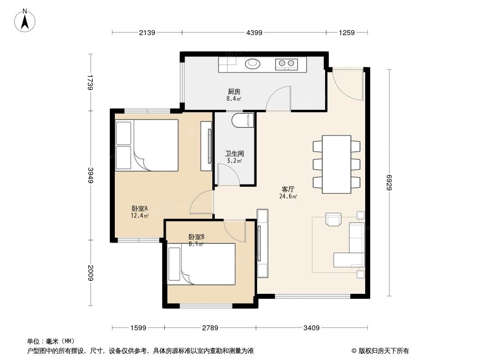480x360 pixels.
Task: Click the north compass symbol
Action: (25, 20)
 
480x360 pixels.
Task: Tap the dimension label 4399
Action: (254, 32)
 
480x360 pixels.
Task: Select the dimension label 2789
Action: (210, 328)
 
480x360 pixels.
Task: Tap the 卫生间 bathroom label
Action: (234, 153)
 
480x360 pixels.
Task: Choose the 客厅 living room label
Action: (288, 189)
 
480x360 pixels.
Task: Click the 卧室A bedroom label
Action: (140, 208)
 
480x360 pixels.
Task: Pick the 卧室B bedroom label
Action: (196, 237)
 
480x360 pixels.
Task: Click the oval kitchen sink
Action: (253, 64)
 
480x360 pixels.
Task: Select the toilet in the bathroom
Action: (242, 121)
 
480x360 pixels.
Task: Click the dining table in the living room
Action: (337, 164)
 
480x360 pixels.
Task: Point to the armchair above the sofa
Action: (334, 219)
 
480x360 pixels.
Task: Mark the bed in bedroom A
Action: (147, 145)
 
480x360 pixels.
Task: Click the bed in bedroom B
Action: (202, 264)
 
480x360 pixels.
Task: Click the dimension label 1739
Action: (91, 82)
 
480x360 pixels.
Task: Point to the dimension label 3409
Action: (311, 328)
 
